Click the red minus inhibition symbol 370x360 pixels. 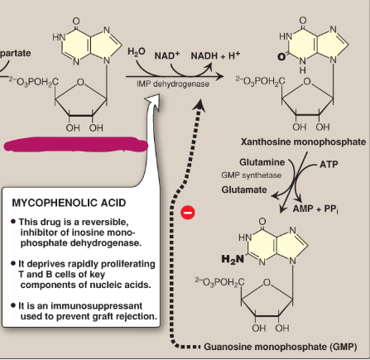[188, 213]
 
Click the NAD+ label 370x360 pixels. [168, 55]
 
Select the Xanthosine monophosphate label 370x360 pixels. [301, 142]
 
